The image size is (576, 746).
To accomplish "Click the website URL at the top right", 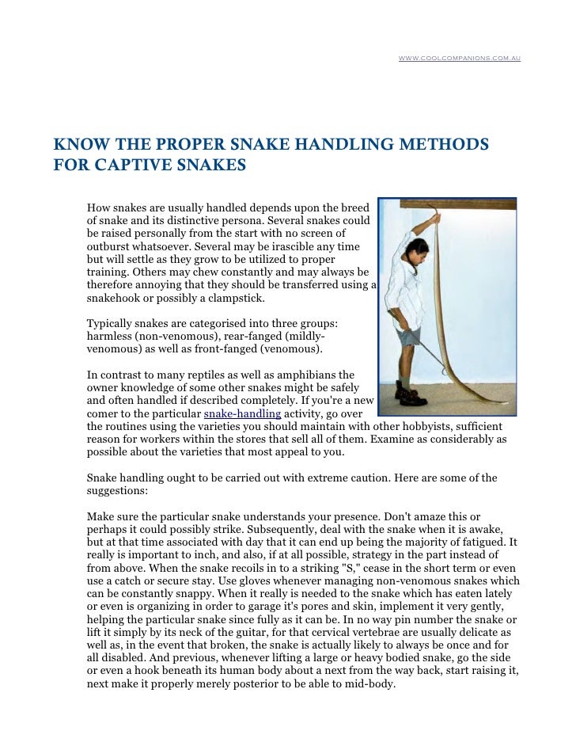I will [x=459, y=59].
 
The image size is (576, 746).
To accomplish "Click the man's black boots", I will [x=407, y=391].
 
